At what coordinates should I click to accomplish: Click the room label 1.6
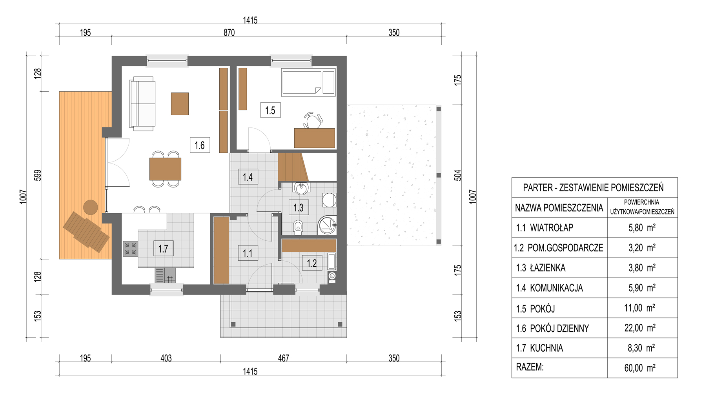200,145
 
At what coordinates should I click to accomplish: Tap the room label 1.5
270,110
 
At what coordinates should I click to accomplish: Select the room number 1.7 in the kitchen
163,249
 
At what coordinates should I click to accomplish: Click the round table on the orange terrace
91,207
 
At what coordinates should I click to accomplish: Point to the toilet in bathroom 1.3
298,227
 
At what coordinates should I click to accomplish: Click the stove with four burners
130,249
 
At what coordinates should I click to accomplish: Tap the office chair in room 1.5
313,120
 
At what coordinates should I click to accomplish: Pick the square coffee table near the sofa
180,104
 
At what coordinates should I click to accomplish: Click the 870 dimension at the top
229,33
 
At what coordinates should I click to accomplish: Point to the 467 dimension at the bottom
283,358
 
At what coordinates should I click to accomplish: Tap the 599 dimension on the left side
38,175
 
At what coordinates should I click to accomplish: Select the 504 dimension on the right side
458,175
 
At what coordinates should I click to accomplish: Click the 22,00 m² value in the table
640,328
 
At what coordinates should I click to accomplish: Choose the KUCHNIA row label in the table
546,348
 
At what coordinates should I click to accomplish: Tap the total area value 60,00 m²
640,368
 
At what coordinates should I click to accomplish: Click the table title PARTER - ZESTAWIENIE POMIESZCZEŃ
594,188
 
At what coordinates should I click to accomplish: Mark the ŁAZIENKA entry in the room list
548,268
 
